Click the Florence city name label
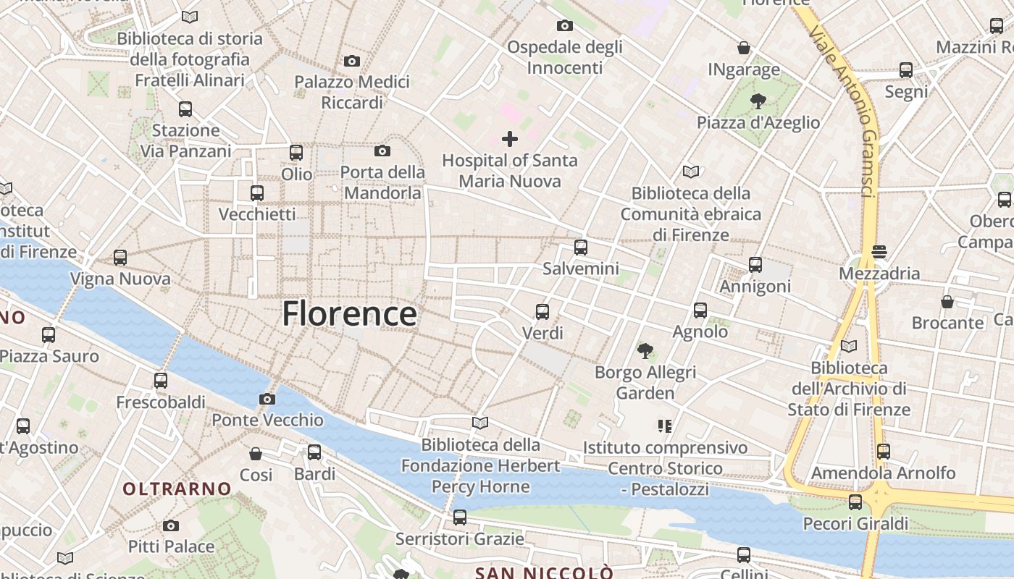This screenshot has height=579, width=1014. coord(349,314)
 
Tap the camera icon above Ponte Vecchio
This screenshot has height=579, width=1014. coord(267,399)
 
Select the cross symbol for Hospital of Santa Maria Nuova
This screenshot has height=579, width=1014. coord(510,138)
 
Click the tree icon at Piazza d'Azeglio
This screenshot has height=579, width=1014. coord(758,101)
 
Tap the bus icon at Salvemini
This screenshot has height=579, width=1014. coord(581,248)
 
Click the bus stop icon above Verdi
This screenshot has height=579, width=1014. coord(542,312)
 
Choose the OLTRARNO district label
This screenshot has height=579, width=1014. coord(177,489)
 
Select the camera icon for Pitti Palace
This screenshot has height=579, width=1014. coord(171,525)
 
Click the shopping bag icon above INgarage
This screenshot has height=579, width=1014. coord(744,48)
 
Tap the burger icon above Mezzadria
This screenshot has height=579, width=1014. coord(879,252)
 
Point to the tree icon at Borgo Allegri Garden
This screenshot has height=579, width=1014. coord(645,351)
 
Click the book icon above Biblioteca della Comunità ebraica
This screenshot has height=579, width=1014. coord(691,172)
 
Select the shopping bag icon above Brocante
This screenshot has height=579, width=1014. coord(947,301)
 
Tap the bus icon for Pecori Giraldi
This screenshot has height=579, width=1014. coord(855,502)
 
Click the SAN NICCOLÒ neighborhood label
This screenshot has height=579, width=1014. coord(544,573)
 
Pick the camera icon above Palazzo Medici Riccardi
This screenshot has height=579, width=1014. coord(352,61)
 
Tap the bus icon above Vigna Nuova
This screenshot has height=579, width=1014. coord(120,257)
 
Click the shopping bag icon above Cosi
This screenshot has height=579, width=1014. coord(256,454)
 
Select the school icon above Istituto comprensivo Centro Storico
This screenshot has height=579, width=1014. coord(665,426)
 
